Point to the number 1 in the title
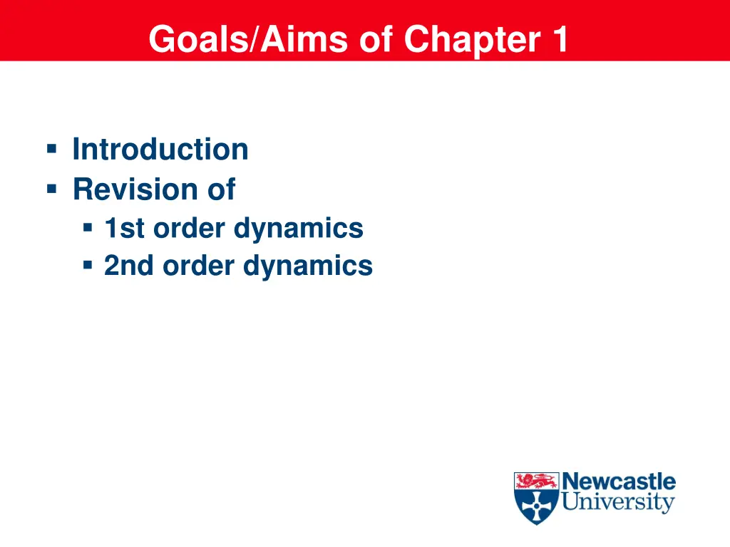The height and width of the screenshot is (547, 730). click(558, 39)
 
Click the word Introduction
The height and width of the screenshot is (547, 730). click(160, 150)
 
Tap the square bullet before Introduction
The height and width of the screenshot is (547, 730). click(51, 149)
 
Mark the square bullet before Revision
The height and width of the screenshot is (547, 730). click(51, 189)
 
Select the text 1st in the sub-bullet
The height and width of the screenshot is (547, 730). click(124, 229)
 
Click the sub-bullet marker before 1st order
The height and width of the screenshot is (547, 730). click(88, 228)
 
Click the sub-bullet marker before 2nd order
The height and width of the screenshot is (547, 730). click(88, 266)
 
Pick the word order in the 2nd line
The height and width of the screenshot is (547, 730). click(199, 266)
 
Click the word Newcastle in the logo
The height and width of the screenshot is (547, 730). click(619, 481)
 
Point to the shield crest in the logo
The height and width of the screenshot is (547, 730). click(536, 498)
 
